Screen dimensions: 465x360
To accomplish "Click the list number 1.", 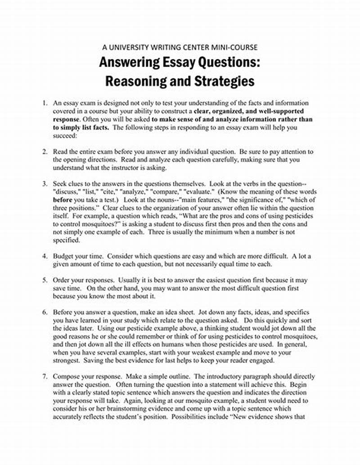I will (x=45, y=103).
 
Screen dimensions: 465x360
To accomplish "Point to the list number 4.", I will (x=45, y=256).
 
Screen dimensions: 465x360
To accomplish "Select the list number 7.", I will (x=45, y=376).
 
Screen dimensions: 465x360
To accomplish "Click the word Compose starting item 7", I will (x=67, y=376).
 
